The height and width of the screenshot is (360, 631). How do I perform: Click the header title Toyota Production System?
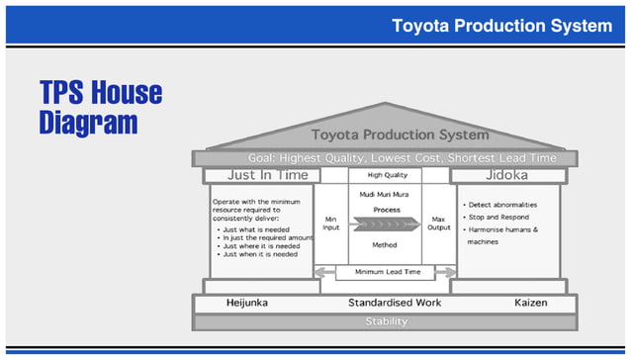coord(500,24)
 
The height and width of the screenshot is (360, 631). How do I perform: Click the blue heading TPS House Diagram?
coord(100,109)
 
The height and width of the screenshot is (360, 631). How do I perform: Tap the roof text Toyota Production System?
coord(400,135)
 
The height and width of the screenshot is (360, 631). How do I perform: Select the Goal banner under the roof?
coord(402,158)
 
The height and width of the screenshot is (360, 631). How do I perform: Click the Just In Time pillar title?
coord(261,175)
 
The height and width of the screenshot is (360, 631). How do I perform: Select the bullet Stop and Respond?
coord(500,217)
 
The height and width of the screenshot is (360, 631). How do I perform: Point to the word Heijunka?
coord(246,303)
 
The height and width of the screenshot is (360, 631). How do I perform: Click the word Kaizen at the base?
coord(530,303)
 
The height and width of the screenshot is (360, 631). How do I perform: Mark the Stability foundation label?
coord(386,321)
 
